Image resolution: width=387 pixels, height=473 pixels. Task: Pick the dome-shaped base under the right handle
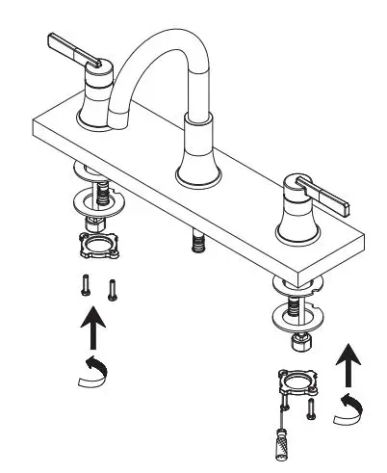click(294, 224)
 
